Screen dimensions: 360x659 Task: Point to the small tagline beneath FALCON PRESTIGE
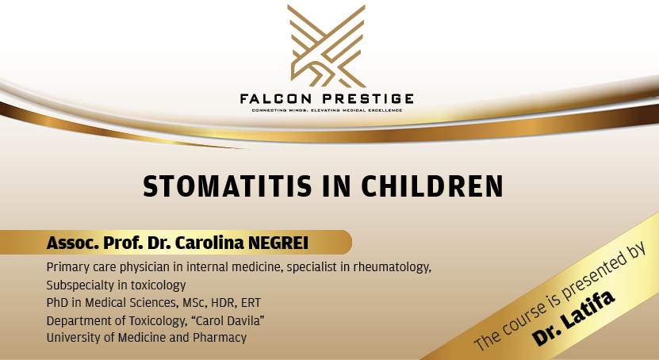click(327, 110)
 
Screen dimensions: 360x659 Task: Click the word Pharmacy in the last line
click(220, 338)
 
